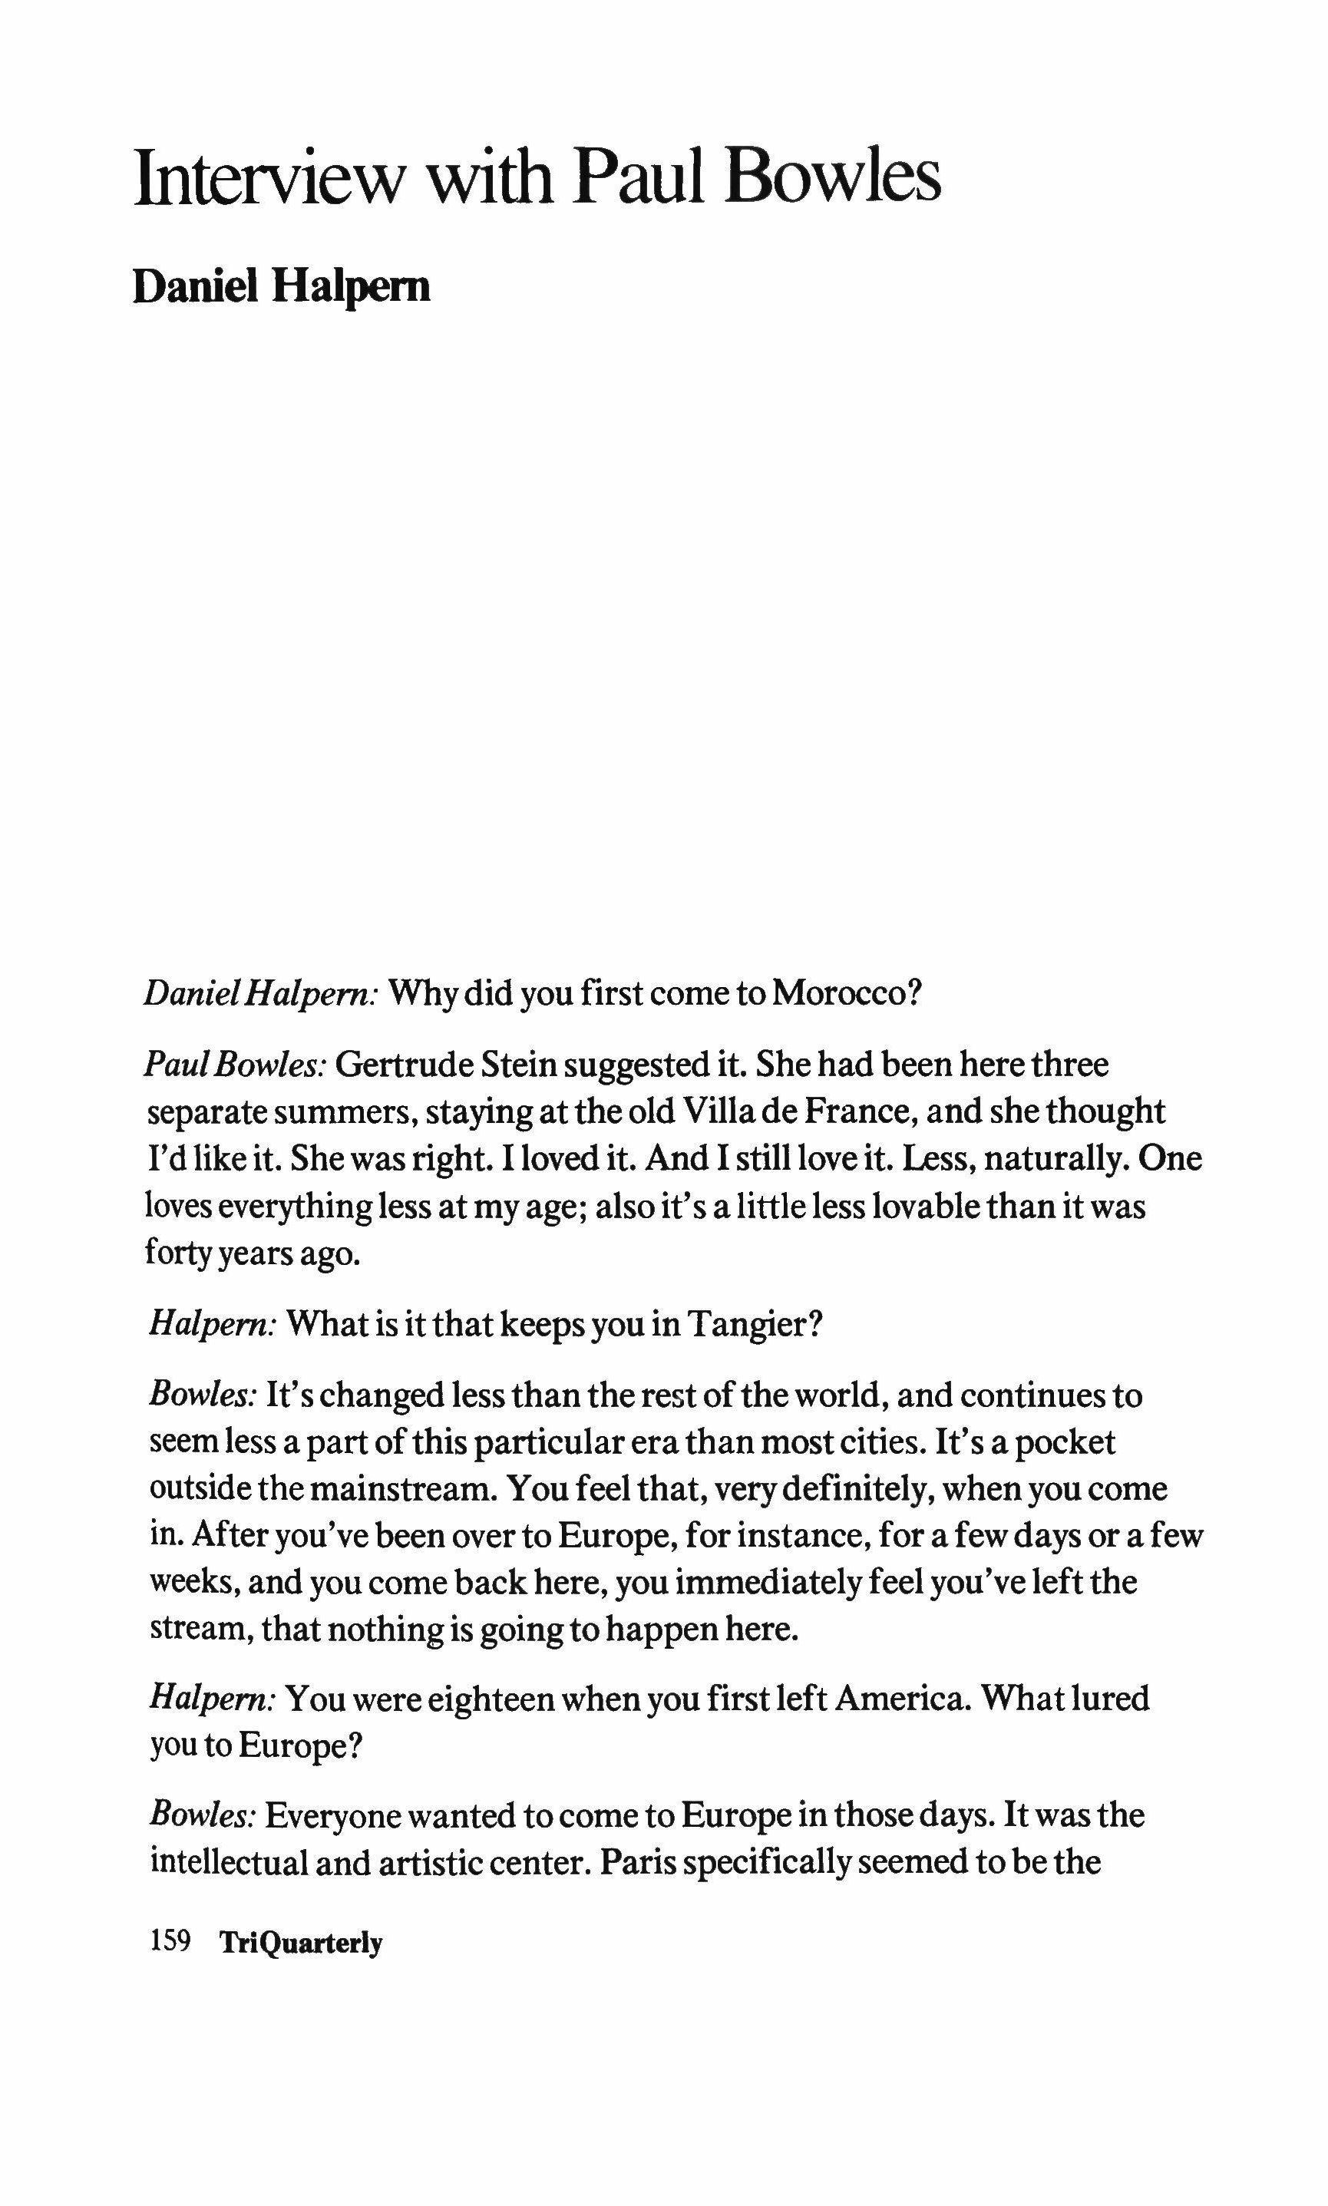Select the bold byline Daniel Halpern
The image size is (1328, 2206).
[281, 286]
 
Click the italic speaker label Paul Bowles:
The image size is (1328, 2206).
[236, 1065]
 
